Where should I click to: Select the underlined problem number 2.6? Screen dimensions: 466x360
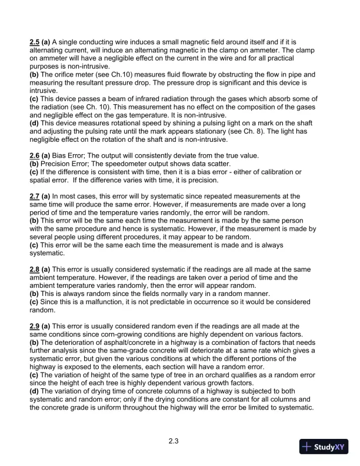(35, 155)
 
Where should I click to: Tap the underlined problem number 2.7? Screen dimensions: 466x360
(35, 195)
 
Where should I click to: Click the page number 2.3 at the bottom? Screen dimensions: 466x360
(173, 440)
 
